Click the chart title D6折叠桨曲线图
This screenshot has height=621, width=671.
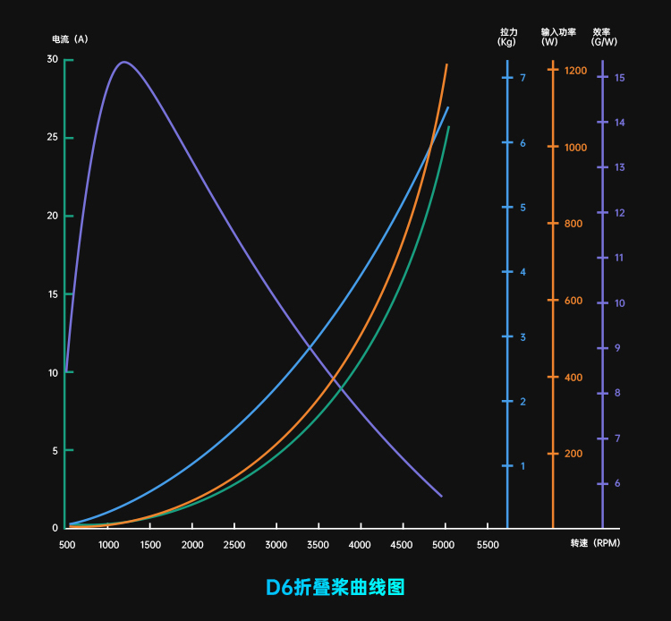click(335, 587)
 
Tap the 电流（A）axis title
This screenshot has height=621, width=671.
click(70, 39)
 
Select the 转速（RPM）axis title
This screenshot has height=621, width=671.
click(595, 543)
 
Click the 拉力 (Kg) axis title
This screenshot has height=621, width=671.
click(507, 37)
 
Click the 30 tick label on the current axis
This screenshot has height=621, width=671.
click(53, 59)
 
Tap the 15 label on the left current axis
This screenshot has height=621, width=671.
click(53, 294)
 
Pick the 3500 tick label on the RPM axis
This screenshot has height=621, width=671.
click(319, 545)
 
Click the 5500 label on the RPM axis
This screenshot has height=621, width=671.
click(487, 545)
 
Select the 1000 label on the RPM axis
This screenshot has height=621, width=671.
click(108, 545)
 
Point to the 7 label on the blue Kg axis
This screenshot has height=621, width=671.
click(522, 78)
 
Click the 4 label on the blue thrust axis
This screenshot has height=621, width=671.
click(522, 272)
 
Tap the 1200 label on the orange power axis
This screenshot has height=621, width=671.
click(576, 70)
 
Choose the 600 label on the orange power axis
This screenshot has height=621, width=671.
click(573, 301)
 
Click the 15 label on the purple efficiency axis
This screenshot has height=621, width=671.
click(619, 78)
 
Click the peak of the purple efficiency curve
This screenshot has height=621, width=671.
click(123, 62)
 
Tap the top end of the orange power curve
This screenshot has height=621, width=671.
click(446, 64)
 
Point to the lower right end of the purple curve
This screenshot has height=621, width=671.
click(441, 496)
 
